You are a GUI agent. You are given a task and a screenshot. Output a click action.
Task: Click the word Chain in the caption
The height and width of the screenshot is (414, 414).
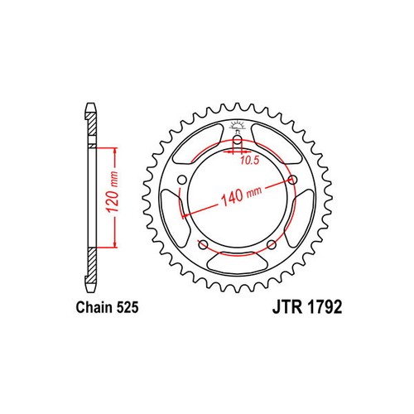tap(94, 307)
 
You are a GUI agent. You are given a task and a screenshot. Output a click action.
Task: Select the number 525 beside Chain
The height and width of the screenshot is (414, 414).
tap(128, 307)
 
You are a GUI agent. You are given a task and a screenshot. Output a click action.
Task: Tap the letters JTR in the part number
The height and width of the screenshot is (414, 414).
tap(287, 307)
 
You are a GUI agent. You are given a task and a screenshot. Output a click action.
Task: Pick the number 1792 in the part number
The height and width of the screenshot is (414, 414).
tap(325, 307)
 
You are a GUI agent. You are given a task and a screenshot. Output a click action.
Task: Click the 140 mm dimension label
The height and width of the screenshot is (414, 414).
tap(241, 195)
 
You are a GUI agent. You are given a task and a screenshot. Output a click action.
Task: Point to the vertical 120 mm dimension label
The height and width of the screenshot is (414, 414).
tap(113, 192)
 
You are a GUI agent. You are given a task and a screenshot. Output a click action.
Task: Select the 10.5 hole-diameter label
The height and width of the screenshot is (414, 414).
tap(249, 161)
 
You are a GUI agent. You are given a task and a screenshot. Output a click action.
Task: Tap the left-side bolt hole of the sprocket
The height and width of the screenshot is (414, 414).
tap(182, 181)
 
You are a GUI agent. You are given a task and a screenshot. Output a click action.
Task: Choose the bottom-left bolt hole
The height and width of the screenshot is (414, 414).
tap(203, 244)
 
